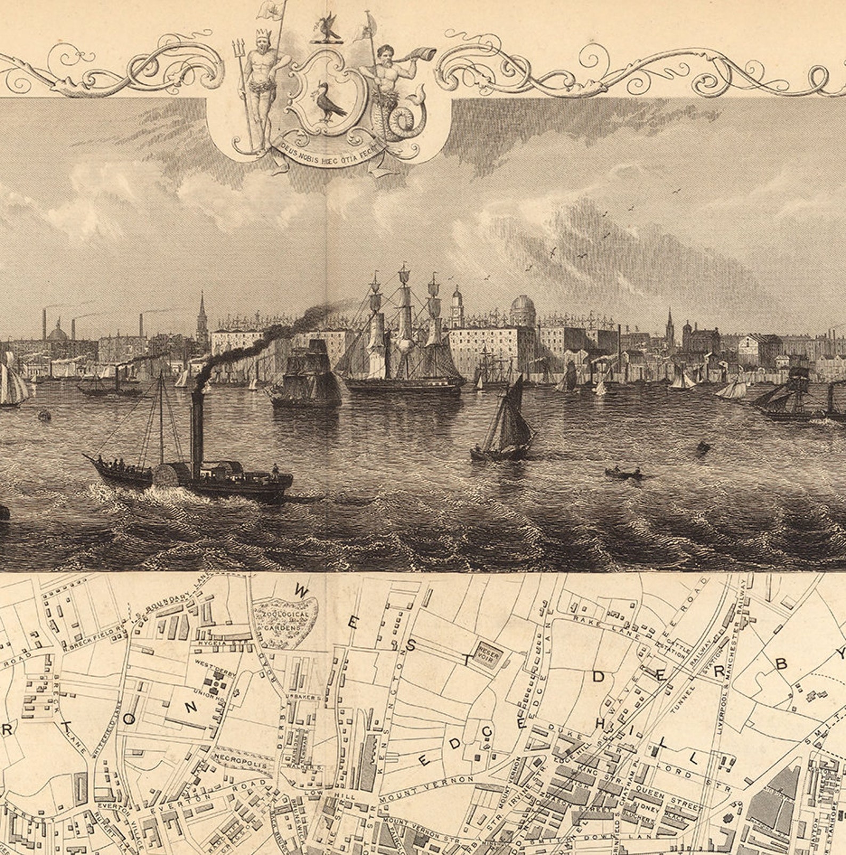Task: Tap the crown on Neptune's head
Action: (x=261, y=35)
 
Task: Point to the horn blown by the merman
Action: (x=421, y=54)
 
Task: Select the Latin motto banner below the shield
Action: (x=329, y=146)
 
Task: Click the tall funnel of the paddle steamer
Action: (x=197, y=434)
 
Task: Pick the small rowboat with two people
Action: (x=623, y=472)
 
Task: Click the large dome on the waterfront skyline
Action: (x=523, y=308)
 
